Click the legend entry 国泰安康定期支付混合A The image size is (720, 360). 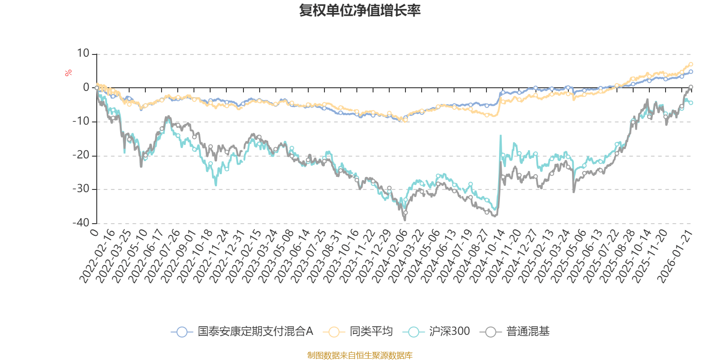pos(255,332)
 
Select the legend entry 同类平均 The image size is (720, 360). pos(371,332)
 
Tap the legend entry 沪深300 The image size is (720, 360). pos(449,332)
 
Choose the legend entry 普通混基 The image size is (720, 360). pos(527,332)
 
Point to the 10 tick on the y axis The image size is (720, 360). pos(83,54)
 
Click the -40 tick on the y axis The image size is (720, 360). pos(81,223)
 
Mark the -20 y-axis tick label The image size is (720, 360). pos(81,155)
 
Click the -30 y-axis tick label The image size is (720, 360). pos(81,189)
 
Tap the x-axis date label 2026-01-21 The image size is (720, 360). pos(675,256)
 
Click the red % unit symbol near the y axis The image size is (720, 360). pos(68,73)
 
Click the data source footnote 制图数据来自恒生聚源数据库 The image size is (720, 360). pos(360,355)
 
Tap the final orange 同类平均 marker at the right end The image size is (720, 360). pos(691,64)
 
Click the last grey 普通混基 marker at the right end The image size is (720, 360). pos(691,87)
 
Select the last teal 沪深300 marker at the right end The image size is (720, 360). pos(691,103)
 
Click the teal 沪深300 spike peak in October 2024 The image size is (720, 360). pos(500,135)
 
